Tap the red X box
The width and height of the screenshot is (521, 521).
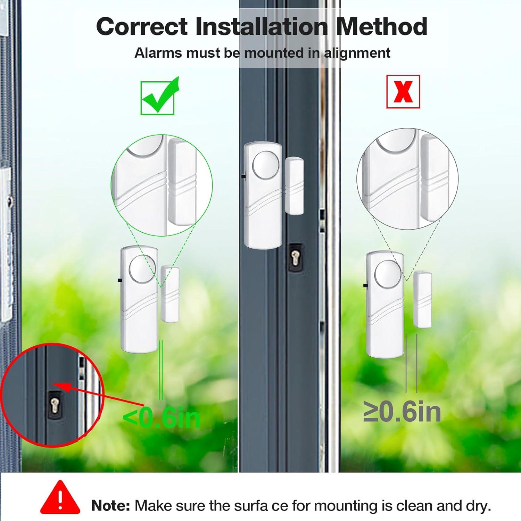(403, 92)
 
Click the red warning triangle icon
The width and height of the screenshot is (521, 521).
(60, 497)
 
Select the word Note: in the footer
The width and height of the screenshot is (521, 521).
(110, 506)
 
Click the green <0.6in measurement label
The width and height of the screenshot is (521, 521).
(162, 418)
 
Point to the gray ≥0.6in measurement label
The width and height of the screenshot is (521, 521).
(402, 412)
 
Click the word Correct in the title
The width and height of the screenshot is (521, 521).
(142, 27)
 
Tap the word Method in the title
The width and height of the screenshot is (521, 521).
(381, 27)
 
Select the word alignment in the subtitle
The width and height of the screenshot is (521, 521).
(357, 53)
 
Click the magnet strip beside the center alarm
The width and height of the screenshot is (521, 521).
(295, 186)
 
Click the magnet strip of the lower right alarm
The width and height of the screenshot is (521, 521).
(422, 299)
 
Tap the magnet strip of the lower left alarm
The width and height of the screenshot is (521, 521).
(169, 294)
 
